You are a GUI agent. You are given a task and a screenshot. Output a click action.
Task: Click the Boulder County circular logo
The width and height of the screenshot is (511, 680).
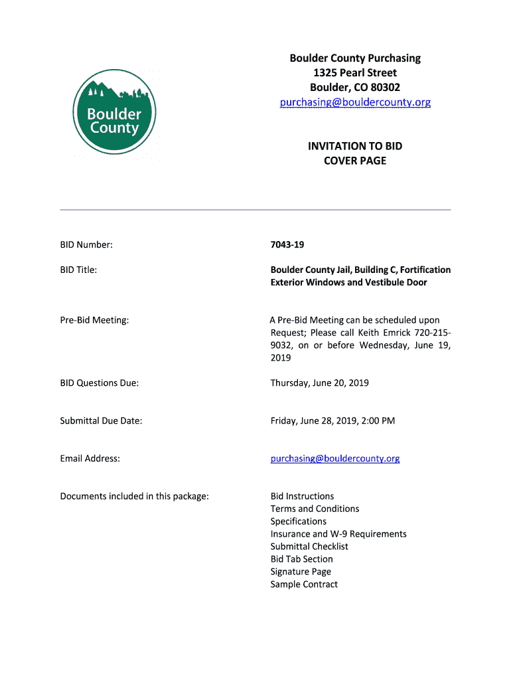pyautogui.click(x=114, y=112)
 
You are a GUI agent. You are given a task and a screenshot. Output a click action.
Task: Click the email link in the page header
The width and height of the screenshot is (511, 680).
pyautogui.click(x=355, y=102)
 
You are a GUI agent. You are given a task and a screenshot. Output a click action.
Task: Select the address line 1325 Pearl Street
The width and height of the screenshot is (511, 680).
pyautogui.click(x=355, y=73)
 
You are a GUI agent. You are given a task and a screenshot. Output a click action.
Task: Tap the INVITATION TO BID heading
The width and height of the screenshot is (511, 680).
pyautogui.click(x=355, y=146)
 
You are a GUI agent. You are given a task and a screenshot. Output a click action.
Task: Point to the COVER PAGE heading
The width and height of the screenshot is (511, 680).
pyautogui.click(x=355, y=161)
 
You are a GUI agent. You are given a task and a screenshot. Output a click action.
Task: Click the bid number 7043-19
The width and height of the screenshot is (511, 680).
pyautogui.click(x=287, y=245)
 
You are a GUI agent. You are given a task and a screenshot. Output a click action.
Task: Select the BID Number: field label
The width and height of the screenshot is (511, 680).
pyautogui.click(x=86, y=245)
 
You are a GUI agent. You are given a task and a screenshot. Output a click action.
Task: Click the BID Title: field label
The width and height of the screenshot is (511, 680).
pyautogui.click(x=78, y=270)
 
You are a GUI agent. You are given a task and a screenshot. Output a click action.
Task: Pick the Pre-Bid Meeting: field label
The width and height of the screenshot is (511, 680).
pyautogui.click(x=94, y=320)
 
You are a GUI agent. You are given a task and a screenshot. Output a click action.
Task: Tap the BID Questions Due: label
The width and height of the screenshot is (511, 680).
pyautogui.click(x=100, y=383)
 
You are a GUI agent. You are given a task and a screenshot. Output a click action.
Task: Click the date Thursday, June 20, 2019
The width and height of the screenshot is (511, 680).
pyautogui.click(x=319, y=383)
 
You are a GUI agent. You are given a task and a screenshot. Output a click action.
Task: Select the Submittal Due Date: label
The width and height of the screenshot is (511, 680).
pyautogui.click(x=101, y=421)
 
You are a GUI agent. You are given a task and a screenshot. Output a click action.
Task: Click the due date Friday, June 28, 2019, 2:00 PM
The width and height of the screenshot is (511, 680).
pyautogui.click(x=332, y=421)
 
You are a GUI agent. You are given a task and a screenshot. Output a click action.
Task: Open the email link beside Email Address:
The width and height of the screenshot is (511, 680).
pyautogui.click(x=335, y=459)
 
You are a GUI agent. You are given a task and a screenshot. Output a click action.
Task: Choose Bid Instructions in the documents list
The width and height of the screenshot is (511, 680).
pyautogui.click(x=302, y=496)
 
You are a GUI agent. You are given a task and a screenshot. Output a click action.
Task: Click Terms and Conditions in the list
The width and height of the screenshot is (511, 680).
pyautogui.click(x=315, y=509)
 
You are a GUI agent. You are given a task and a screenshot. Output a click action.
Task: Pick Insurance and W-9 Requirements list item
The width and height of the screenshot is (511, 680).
pyautogui.click(x=338, y=534)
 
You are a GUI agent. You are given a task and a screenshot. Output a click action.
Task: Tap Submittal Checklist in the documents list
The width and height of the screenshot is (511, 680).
pyautogui.click(x=309, y=547)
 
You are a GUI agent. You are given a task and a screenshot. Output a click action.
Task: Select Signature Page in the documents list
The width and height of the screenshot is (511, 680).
pyautogui.click(x=301, y=572)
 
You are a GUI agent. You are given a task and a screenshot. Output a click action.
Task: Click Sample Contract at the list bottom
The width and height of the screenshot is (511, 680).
pyautogui.click(x=304, y=584)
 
